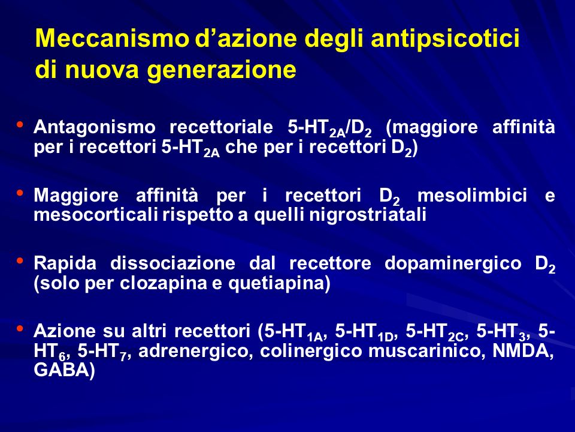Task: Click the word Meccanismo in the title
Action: click(111, 38)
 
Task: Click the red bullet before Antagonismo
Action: click(20, 124)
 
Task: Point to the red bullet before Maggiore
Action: click(20, 192)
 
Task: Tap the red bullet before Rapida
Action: click(20, 260)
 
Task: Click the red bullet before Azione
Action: click(20, 328)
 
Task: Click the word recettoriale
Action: click(222, 127)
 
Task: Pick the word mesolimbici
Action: click(473, 195)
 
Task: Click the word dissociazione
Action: click(172, 263)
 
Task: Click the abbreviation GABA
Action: click(62, 370)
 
